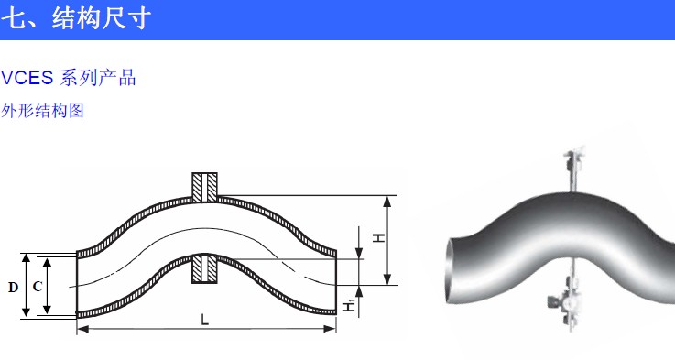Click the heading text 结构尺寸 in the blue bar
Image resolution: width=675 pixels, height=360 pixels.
(x=102, y=18)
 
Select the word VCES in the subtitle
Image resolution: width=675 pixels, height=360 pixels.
(x=27, y=78)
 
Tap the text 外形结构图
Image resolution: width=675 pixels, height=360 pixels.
(x=42, y=111)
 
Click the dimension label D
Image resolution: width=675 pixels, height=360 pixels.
(x=14, y=288)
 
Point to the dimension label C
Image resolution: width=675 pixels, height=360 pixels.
(x=38, y=287)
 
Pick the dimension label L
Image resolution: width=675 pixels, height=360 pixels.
(x=205, y=320)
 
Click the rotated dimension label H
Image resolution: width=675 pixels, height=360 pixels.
(x=378, y=237)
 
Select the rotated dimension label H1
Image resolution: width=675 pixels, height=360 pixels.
(x=349, y=305)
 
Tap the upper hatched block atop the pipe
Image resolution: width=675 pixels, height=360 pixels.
(x=204, y=187)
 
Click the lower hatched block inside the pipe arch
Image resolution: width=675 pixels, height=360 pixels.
(x=204, y=268)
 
